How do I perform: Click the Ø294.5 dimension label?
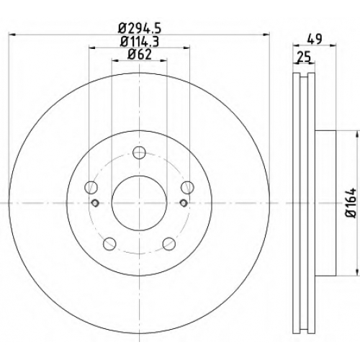coord(139,29)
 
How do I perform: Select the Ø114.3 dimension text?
coord(139,42)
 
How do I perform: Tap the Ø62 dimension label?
coord(140,55)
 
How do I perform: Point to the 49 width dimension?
coord(314,40)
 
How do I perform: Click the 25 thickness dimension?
coord(304,57)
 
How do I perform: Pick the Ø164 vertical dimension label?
coord(351,203)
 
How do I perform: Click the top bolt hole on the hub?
coord(139,153)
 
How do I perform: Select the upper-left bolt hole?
coord(91,187)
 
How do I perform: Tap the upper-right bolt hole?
coord(187,187)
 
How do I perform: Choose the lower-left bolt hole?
coord(109,243)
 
